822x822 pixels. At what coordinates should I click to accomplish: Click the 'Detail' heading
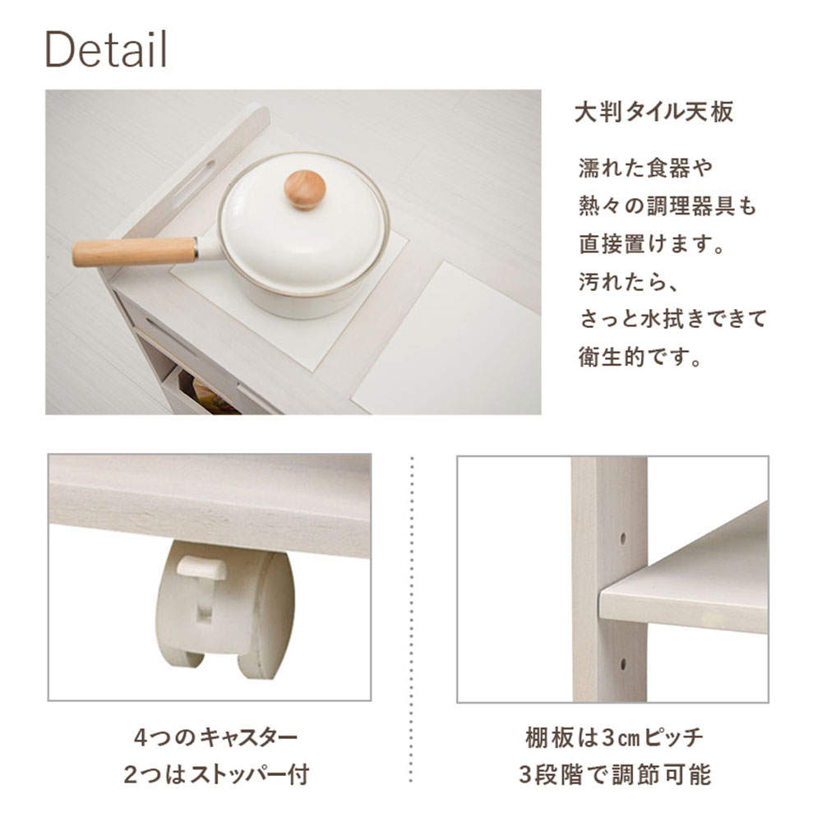(x=106, y=48)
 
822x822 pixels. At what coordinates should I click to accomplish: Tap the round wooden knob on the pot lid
(x=305, y=189)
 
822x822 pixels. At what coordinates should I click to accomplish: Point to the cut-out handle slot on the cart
(x=193, y=183)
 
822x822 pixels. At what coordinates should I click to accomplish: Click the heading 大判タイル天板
(x=654, y=112)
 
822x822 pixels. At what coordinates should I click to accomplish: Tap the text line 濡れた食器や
(x=646, y=168)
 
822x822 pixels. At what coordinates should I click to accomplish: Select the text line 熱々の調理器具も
(x=667, y=205)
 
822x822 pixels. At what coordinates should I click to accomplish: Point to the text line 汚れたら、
(x=629, y=281)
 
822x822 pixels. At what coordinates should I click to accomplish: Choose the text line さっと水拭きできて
(x=673, y=319)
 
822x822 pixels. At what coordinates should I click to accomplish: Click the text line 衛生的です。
(x=640, y=357)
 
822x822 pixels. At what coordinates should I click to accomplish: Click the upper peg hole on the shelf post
(x=623, y=538)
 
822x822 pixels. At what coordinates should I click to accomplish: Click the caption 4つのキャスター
(x=216, y=737)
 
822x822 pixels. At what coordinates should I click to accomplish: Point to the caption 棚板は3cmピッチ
(x=614, y=737)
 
